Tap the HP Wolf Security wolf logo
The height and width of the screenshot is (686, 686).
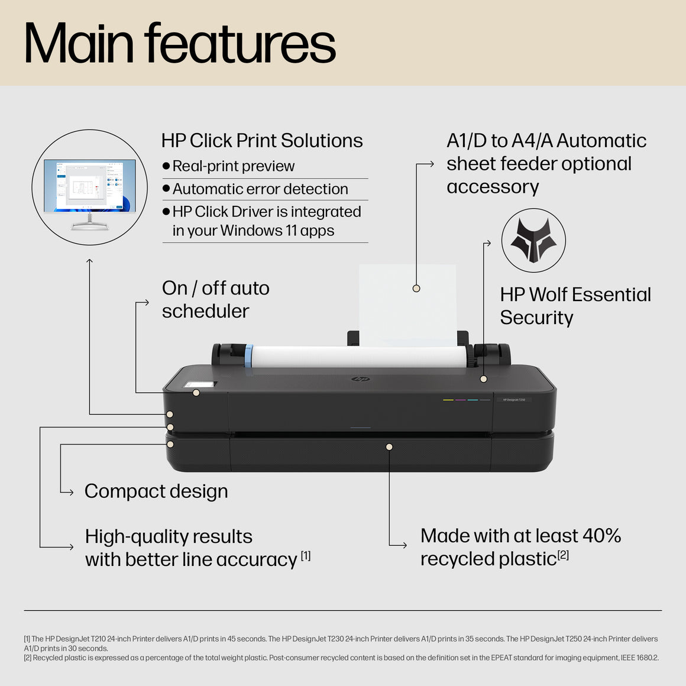point(533,240)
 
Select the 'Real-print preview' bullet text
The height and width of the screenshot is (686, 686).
point(233,166)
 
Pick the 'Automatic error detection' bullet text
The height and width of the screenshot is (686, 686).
point(260,189)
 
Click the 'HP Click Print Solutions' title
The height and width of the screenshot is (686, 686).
point(262,141)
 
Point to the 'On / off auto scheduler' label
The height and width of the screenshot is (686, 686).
point(215,299)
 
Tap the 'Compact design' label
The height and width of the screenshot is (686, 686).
point(156,491)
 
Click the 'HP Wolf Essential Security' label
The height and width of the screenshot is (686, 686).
point(575,306)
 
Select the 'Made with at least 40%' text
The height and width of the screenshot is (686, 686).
point(520,536)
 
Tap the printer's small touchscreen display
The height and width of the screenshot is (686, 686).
point(200,384)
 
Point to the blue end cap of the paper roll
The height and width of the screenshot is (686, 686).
point(249,356)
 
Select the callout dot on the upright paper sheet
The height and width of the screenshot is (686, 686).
point(416,289)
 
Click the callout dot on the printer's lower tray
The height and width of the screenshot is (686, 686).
point(389,446)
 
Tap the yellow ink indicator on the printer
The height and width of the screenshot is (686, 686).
point(448,400)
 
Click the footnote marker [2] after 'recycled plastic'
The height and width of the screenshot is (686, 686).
point(563,555)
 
